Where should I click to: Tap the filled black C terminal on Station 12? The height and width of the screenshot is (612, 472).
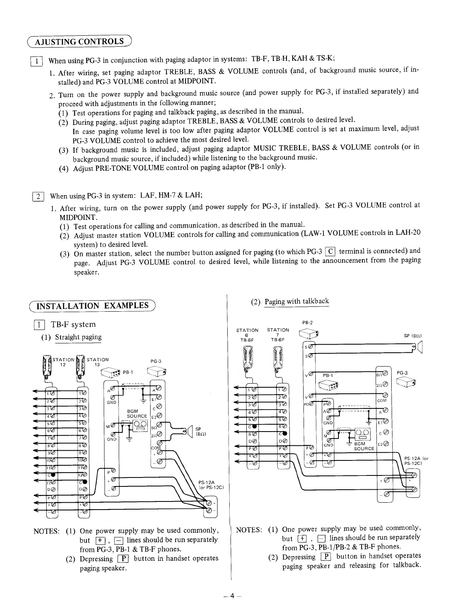(51, 474)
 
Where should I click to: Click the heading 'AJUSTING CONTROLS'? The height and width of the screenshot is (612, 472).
(79, 42)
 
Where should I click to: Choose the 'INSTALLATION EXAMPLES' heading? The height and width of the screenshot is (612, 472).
(93, 306)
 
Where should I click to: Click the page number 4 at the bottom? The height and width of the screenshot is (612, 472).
(232, 596)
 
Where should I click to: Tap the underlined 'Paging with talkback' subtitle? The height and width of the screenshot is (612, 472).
(297, 302)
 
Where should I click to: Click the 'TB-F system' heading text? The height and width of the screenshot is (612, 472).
(73, 324)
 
